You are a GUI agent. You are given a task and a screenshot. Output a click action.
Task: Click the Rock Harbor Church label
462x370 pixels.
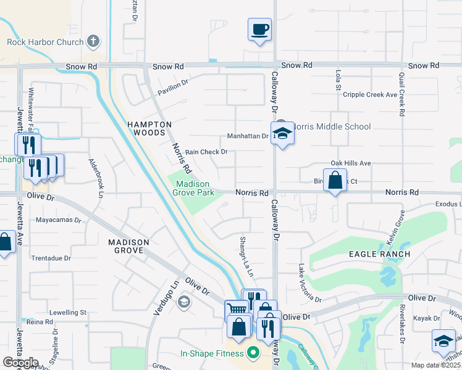45,42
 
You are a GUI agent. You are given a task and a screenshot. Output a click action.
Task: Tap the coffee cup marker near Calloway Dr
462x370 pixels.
260,29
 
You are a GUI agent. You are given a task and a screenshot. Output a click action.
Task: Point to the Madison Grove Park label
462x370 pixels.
195,188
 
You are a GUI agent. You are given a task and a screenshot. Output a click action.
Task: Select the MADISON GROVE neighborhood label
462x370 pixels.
129,247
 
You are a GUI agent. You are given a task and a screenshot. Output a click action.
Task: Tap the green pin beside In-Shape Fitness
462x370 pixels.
253,354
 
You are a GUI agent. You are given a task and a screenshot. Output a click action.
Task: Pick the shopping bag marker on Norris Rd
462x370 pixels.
335,181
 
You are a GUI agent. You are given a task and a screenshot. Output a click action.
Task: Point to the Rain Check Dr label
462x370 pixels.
206,152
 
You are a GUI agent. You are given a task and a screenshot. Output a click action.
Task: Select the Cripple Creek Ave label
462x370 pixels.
369,95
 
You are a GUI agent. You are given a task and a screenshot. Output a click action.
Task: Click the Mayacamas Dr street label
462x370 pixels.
59,220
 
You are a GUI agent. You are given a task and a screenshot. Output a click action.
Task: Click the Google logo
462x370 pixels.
20,363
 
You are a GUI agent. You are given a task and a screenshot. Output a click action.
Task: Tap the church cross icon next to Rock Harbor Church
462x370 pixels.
93,42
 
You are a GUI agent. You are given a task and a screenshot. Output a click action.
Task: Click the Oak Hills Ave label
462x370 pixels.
350,163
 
